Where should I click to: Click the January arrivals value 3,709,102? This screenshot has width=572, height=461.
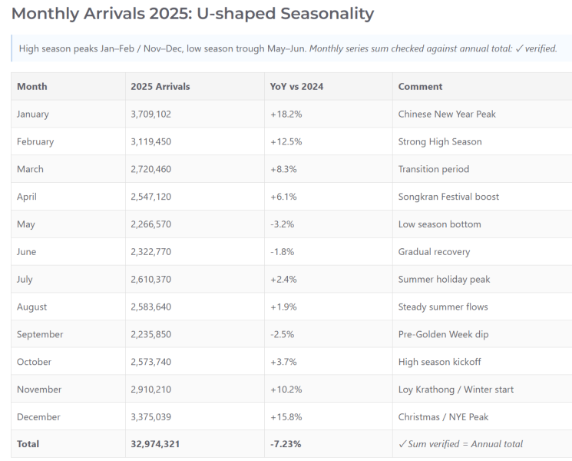(150, 114)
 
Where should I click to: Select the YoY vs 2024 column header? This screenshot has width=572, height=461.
(296, 87)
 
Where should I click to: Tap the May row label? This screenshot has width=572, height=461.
(26, 224)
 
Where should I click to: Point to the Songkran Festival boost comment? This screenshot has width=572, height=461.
(448, 197)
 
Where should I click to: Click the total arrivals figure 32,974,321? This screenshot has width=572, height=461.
(155, 444)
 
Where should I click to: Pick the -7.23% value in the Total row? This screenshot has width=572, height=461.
(286, 444)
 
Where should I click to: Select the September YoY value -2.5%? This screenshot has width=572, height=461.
(282, 334)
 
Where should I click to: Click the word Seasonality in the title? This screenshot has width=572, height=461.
(327, 15)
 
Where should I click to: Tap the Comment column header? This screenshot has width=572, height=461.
(420, 87)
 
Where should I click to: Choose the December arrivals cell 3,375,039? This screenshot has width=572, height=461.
(150, 417)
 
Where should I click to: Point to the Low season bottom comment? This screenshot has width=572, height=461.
(440, 224)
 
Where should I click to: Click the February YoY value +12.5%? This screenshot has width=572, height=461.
(286, 141)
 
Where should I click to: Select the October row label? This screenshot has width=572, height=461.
(34, 362)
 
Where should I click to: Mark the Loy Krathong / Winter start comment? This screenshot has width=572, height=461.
(455, 390)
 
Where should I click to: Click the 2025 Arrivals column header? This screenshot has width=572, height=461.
(160, 87)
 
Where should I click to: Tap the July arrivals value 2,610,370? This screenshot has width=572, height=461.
(150, 279)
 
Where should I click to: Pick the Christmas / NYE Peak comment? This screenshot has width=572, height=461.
(443, 417)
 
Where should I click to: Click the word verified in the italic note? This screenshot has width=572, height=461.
(541, 48)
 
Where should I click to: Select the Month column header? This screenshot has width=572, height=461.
(32, 87)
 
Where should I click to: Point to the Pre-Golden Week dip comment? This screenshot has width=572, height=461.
(443, 334)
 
